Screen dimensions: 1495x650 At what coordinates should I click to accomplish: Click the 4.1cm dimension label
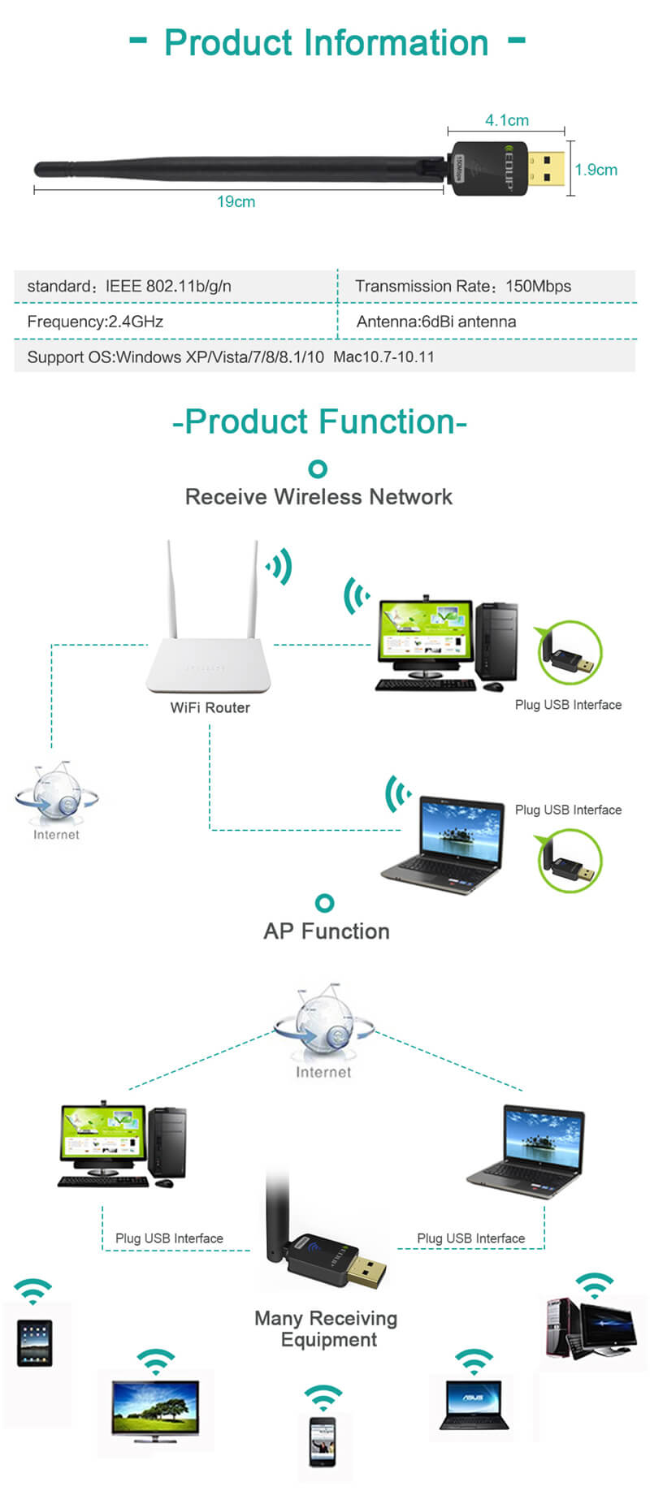point(507,120)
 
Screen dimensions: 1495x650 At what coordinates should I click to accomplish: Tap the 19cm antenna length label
point(236,201)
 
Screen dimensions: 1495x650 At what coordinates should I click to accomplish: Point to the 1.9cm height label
point(596,170)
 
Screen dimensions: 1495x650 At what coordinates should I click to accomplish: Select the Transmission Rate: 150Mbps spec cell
point(463,286)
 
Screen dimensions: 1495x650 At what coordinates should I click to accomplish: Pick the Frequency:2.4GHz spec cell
point(95,322)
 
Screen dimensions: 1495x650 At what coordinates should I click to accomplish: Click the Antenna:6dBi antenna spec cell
point(436,322)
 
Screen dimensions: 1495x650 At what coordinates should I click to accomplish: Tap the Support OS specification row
point(231,356)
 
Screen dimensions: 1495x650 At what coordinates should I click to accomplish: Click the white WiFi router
point(210,650)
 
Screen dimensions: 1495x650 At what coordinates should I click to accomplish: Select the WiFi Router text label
point(210,707)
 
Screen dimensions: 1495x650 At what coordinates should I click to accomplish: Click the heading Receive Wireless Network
point(318,497)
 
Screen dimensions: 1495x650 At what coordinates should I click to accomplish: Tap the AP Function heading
point(327,931)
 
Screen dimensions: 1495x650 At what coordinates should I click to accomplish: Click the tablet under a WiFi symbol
point(35,1344)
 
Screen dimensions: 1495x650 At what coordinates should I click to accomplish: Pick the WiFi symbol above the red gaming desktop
point(594,1285)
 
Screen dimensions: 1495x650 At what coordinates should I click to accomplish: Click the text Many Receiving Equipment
point(327,1329)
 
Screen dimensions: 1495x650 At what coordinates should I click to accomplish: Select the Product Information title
point(327,42)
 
